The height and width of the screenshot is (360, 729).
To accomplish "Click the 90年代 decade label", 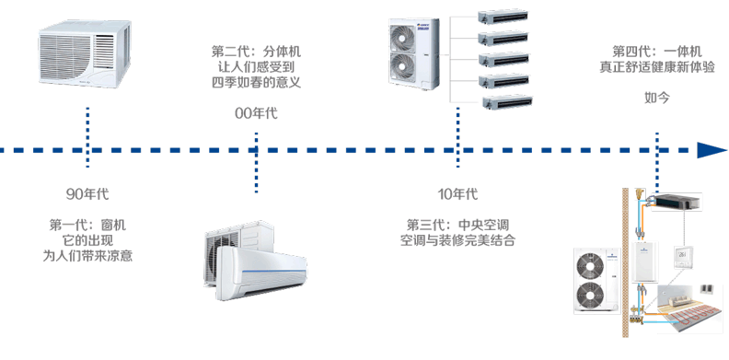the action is point(87,194).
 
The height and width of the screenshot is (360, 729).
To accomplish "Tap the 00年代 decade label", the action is point(256,113).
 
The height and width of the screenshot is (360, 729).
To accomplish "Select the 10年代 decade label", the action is point(457,194).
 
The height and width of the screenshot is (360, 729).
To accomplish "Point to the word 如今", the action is point(657,98).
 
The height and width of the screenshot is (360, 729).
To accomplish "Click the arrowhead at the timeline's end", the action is point(712,150).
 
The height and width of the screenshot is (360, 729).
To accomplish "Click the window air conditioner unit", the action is point(85,54).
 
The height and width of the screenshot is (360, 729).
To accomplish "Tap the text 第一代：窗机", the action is point(87,226).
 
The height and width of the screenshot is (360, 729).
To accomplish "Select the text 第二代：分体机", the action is point(256,52).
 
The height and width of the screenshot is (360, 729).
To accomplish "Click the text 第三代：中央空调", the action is point(457,226).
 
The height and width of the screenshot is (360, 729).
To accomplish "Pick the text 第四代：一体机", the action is point(657,52).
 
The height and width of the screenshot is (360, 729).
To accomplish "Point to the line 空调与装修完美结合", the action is point(457,240).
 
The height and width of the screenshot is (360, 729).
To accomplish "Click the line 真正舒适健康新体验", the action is point(657,67).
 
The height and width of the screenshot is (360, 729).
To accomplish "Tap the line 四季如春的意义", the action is point(256,82).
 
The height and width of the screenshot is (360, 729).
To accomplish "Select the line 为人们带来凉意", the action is point(87,256).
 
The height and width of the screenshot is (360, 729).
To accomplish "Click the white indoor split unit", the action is point(260,273).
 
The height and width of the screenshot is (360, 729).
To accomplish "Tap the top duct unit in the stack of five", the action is point(503,17).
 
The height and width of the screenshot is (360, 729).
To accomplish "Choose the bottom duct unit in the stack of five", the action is point(507,102).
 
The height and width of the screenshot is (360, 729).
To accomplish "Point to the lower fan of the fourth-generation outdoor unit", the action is point(590,296).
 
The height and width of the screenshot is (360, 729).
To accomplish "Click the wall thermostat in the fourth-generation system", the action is point(681,258).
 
